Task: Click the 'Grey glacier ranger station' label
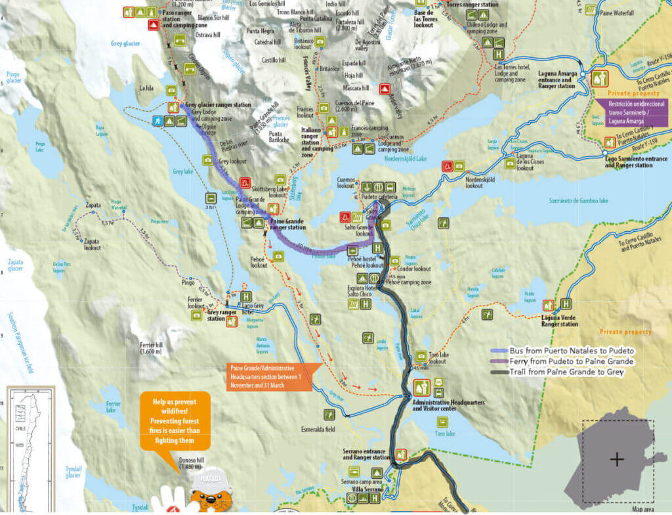tap(218, 104)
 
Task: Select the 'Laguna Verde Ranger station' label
tap(560, 320)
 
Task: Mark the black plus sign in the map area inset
tap(617, 459)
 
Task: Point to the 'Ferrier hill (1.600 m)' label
tap(155, 348)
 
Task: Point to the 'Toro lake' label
tap(444, 434)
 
